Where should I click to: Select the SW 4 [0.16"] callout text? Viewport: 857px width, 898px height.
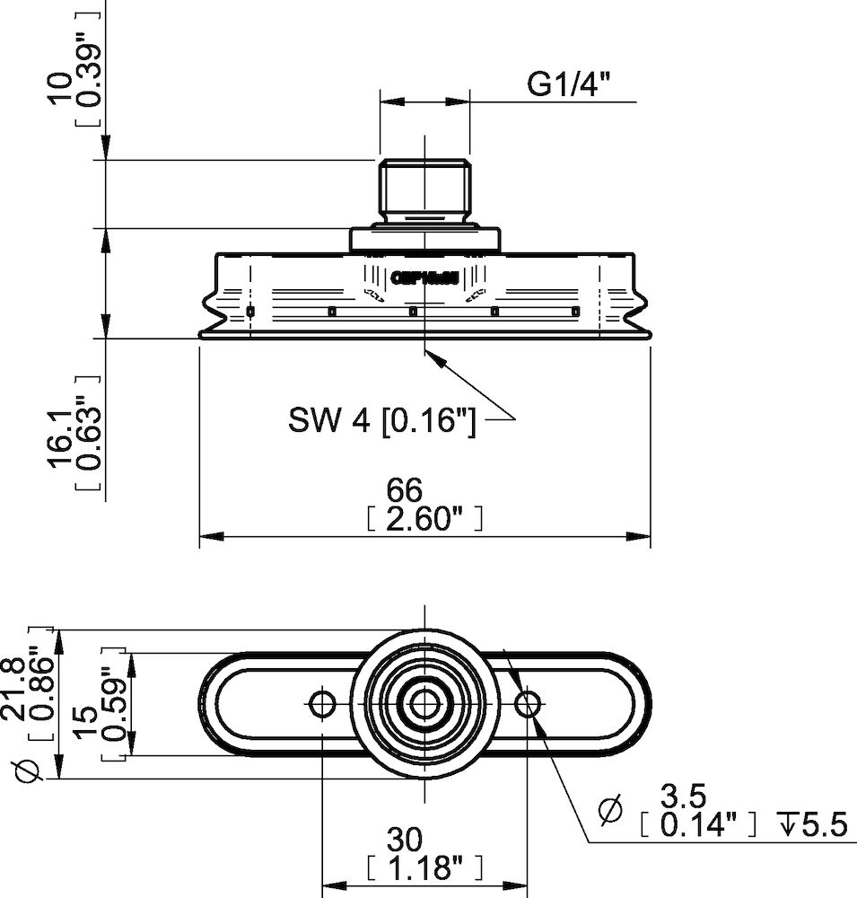(x=382, y=419)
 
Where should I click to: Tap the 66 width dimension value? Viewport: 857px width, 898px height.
(x=404, y=489)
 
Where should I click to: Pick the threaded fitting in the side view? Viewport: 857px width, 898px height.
(x=424, y=191)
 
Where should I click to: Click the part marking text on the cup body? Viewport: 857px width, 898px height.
(x=424, y=278)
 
